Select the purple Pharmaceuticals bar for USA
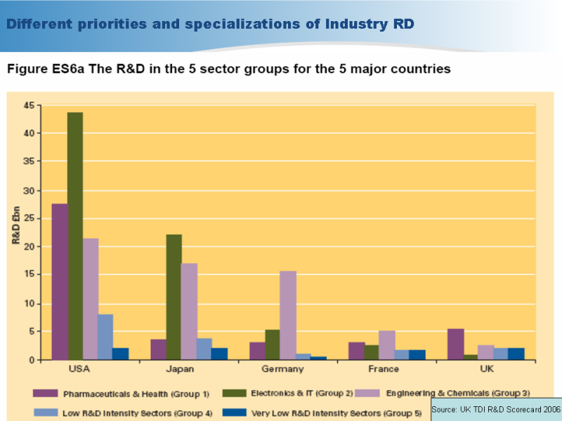click(60, 281)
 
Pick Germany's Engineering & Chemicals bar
click(287, 315)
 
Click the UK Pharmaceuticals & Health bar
click(455, 344)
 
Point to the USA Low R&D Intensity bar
click(105, 337)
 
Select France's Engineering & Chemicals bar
click(386, 345)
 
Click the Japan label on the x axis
click(181, 369)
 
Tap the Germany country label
click(283, 369)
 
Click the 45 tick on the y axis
click(29, 105)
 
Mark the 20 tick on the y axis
click(29, 247)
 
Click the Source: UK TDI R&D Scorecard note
click(496, 408)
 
